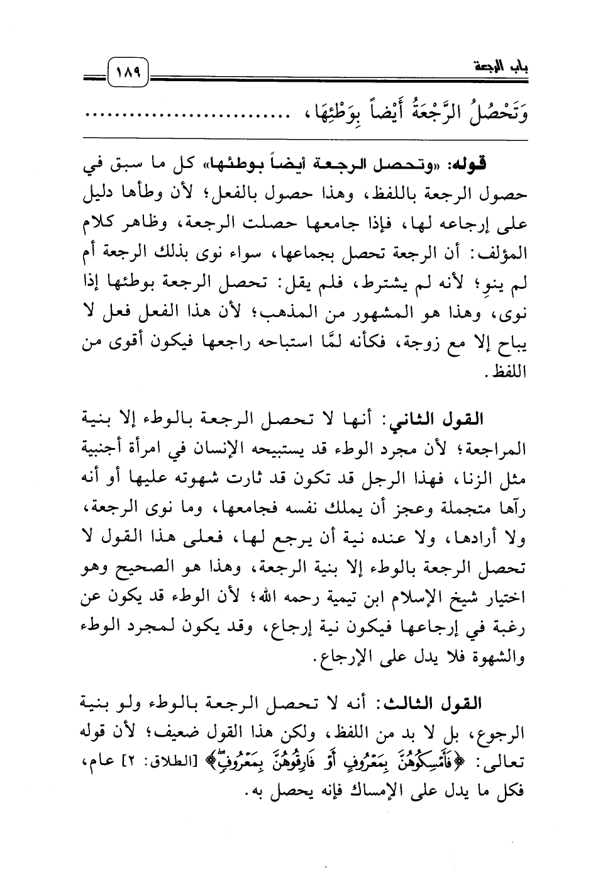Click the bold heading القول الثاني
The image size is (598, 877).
pos(482,420)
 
